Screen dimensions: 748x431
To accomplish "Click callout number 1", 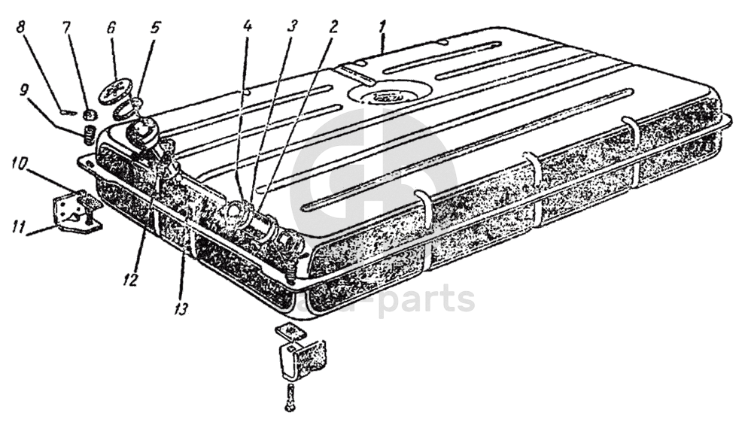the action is (382, 25).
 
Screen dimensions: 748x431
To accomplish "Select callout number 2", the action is (331, 25).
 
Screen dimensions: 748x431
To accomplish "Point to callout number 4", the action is (247, 25).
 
